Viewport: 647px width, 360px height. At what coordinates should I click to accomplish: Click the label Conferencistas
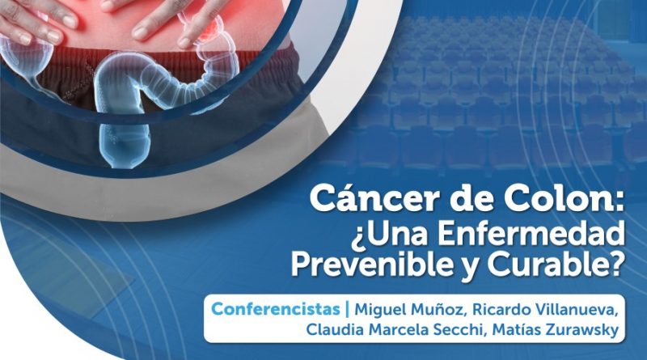point(276,309)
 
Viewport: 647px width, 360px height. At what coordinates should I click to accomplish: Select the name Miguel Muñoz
point(411,310)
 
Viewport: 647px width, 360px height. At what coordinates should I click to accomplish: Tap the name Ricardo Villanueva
point(545,310)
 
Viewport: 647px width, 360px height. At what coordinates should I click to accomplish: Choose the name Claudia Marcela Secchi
point(396,330)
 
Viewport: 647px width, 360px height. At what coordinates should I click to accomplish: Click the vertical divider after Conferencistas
point(348,310)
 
